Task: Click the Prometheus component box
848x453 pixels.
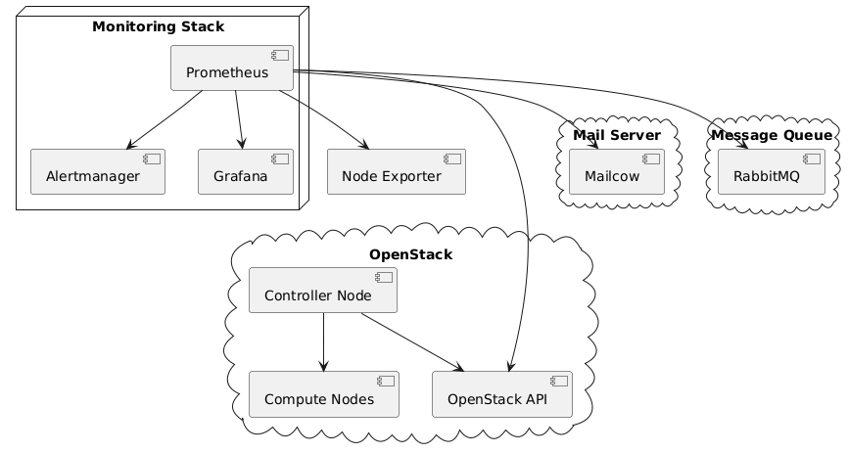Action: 232,68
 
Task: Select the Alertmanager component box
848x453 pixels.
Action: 97,172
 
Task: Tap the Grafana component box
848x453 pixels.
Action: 245,172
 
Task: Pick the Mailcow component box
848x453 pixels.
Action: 617,172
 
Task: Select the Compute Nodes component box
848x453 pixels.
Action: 323,394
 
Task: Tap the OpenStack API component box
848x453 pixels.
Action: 501,394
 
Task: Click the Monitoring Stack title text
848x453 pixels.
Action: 144,26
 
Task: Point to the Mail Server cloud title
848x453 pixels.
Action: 617,134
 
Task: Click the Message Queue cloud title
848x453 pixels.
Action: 771,134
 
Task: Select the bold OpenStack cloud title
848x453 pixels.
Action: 411,255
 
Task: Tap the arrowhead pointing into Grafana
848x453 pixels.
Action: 242,146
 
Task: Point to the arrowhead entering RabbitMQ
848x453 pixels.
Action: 746,146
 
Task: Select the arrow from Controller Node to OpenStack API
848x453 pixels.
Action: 411,341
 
